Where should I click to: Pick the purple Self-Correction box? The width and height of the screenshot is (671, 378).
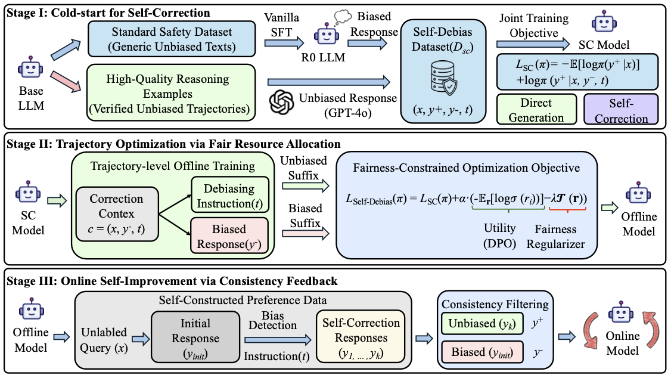(x=620, y=109)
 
